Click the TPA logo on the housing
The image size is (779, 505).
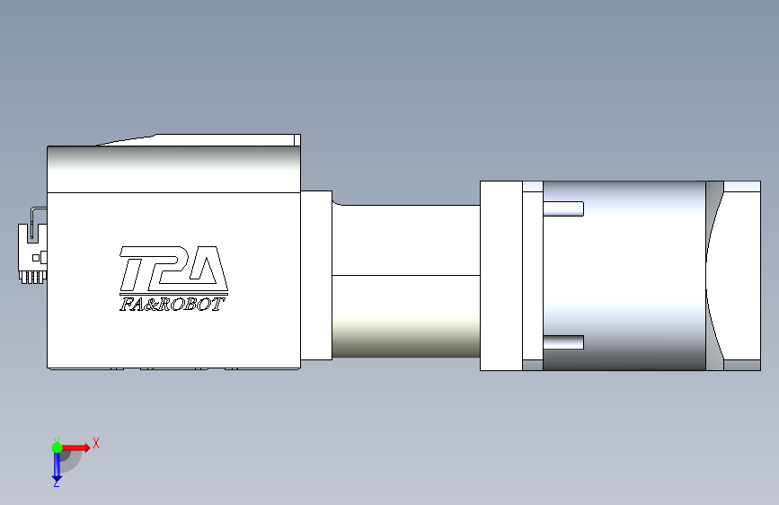pyautogui.click(x=172, y=270)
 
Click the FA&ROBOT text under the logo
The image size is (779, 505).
pyautogui.click(x=171, y=305)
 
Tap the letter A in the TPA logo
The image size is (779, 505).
pyautogui.click(x=206, y=270)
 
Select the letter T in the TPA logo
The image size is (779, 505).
pyautogui.click(x=135, y=269)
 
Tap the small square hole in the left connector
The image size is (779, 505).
pyautogui.click(x=36, y=258)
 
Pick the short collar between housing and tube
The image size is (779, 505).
pyautogui.click(x=315, y=275)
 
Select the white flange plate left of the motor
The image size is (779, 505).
pyautogui.click(x=500, y=276)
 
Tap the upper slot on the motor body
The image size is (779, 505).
pyautogui.click(x=563, y=209)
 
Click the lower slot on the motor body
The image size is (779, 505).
pyautogui.click(x=563, y=342)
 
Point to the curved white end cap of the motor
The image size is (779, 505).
pyautogui.click(x=741, y=276)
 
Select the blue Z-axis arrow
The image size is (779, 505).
pyautogui.click(x=56, y=465)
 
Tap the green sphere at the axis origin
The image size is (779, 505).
pyautogui.click(x=57, y=447)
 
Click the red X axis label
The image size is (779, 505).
pyautogui.click(x=95, y=443)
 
